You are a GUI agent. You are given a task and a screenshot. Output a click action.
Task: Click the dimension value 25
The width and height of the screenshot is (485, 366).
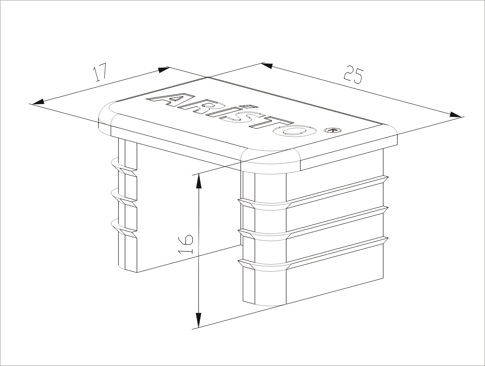pyautogui.click(x=354, y=75)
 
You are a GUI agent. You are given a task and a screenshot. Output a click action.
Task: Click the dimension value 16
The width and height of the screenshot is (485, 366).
pyautogui.click(x=186, y=244)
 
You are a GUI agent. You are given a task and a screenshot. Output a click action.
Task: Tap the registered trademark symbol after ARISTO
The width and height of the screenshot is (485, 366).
pyautogui.click(x=333, y=130)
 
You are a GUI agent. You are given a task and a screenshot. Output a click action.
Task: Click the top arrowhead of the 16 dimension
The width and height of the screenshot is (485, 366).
pyautogui.click(x=199, y=181)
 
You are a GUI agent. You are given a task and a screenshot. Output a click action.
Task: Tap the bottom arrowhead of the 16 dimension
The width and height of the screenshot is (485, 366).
pyautogui.click(x=199, y=320)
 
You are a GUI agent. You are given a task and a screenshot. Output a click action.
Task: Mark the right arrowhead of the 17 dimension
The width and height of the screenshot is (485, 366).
pyautogui.click(x=164, y=70)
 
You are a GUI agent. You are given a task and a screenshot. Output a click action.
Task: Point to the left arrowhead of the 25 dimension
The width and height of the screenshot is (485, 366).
pyautogui.click(x=267, y=65)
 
